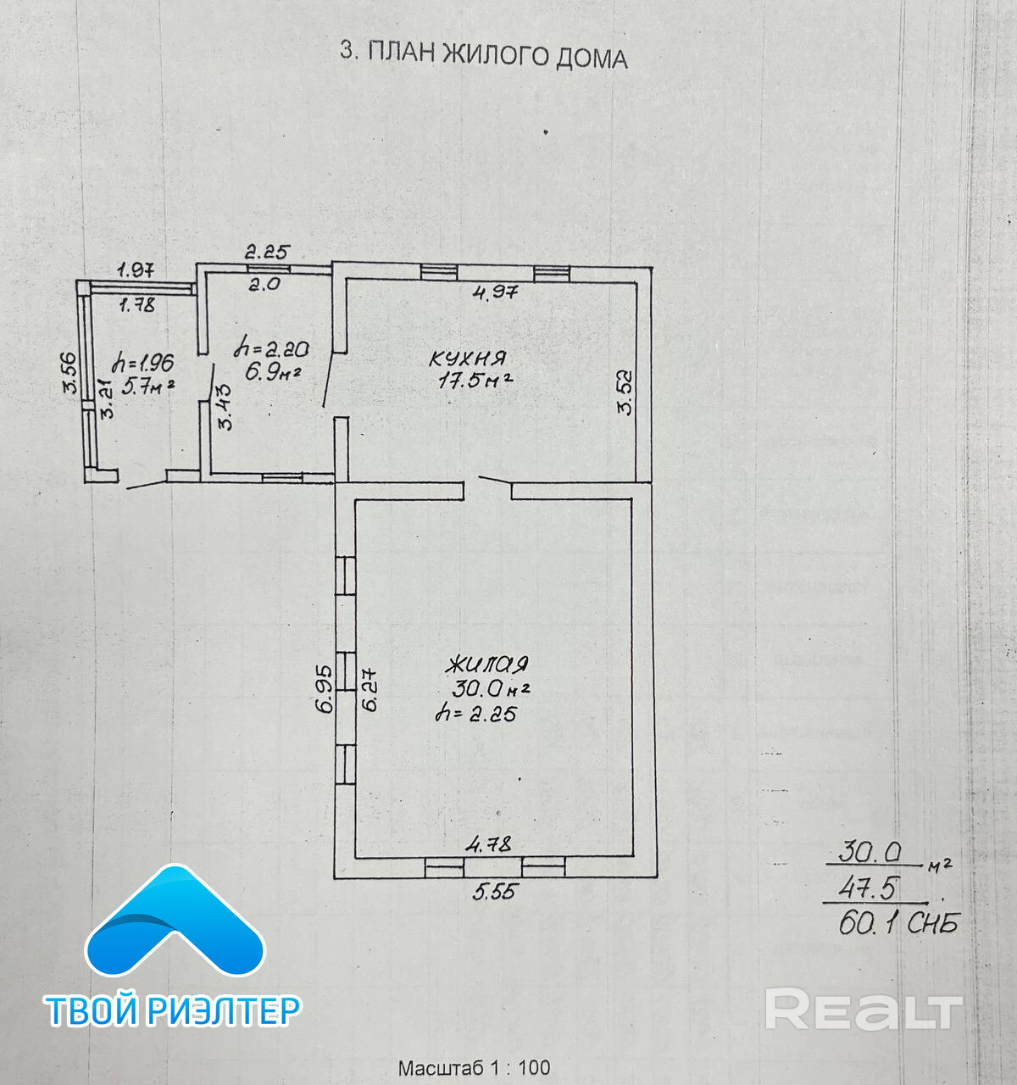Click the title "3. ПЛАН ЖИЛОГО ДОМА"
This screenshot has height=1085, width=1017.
tap(483, 55)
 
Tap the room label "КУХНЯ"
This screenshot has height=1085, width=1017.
tap(468, 358)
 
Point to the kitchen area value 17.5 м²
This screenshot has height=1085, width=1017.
tap(475, 381)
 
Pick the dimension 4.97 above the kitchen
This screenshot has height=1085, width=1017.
tap(496, 293)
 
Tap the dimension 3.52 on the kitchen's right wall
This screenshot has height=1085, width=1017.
tap(625, 391)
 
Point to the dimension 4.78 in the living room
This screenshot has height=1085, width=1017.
tap(490, 844)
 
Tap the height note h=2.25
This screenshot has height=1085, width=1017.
tap(476, 714)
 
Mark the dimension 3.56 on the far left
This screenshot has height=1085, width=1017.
tap(70, 373)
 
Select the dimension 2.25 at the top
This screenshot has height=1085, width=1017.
tap(268, 251)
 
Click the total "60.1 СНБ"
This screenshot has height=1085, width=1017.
tap(898, 924)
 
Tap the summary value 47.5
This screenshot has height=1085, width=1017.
tap(870, 887)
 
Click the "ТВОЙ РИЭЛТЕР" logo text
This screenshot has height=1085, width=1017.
tap(173, 1010)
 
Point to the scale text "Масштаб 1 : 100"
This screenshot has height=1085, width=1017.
tap(474, 1068)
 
